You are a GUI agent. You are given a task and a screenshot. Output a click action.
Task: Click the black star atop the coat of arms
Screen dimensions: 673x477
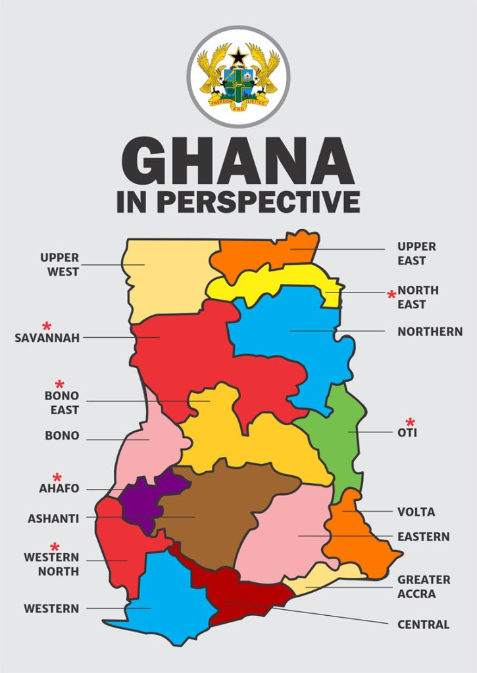tap(238, 57)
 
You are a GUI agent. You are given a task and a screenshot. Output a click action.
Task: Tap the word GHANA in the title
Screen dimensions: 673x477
tap(238, 162)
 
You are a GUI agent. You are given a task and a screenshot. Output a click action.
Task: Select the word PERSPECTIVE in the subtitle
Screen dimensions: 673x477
tap(258, 202)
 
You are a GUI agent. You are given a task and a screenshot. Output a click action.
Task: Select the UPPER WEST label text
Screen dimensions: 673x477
tap(59, 265)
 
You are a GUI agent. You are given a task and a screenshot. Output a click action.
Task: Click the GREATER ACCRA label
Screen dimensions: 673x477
tap(424, 587)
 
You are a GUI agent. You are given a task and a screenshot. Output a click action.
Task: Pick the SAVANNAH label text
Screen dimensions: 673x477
tap(47, 338)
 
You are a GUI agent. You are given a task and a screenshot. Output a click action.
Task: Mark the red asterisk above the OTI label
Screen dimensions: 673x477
tap(411, 422)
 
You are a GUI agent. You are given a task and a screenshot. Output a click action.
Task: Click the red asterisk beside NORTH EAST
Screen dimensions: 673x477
tap(391, 295)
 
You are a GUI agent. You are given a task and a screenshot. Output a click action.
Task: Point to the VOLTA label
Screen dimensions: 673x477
tap(416, 512)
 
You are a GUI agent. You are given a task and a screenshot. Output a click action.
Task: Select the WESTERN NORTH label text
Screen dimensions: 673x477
tap(51, 564)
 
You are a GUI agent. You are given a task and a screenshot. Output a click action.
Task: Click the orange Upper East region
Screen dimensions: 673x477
tap(263, 253)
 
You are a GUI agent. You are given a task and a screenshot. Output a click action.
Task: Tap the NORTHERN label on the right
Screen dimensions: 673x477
tap(430, 332)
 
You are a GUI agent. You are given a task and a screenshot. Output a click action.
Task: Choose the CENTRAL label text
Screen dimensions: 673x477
tap(423, 624)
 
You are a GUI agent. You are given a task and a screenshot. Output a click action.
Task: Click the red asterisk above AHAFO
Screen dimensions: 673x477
tap(57, 477)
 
